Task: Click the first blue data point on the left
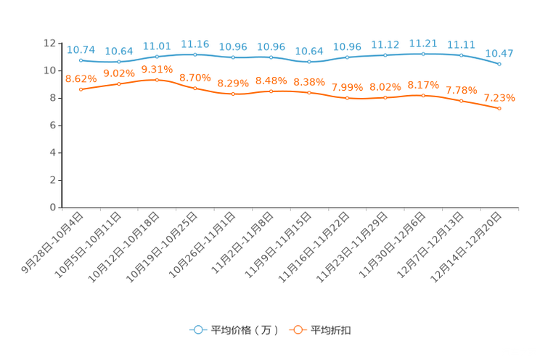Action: click(81, 60)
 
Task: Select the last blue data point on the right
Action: click(499, 65)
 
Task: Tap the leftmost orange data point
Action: click(81, 89)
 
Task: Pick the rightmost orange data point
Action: click(499, 109)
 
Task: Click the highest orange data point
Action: click(157, 78)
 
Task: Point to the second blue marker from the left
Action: click(118, 62)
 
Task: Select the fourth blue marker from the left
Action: click(195, 54)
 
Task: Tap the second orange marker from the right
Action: click(461, 101)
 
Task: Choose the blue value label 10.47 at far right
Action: click(499, 53)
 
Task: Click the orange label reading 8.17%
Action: click(423, 85)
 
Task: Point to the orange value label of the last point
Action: click(499, 98)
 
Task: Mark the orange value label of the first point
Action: click(81, 78)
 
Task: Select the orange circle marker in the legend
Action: click(298, 330)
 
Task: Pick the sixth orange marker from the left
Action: click(271, 92)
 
